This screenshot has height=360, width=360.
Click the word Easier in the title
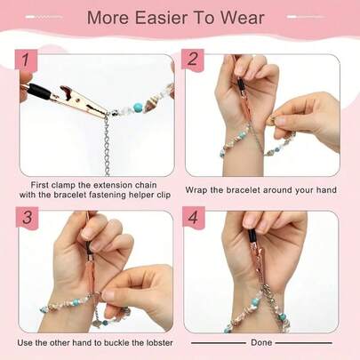click(166, 19)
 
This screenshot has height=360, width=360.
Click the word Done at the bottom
click(261, 342)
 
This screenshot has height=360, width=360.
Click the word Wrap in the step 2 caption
click(199, 189)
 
